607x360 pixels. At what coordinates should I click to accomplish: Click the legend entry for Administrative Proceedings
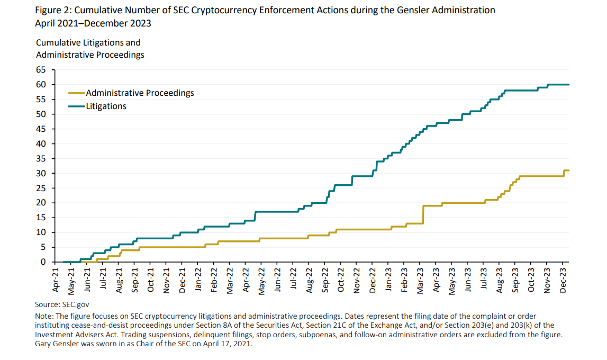click(x=140, y=93)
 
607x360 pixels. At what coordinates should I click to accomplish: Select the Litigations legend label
click(x=106, y=106)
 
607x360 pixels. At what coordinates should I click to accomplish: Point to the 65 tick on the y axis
click(x=42, y=70)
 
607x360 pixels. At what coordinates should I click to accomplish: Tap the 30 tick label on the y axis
click(x=42, y=173)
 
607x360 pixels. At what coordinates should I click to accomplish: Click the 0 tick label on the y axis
click(x=44, y=262)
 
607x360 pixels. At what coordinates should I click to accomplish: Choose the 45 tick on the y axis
click(x=42, y=129)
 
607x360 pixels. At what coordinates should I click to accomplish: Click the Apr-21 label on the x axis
click(x=56, y=279)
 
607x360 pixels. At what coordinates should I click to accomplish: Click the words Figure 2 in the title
click(x=53, y=10)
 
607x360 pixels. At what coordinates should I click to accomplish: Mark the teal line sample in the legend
click(x=77, y=106)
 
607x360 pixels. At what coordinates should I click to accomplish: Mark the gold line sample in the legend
click(x=77, y=93)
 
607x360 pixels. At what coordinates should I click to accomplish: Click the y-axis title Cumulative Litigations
click(x=88, y=42)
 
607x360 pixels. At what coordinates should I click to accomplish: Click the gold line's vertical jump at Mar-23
click(x=423, y=214)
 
